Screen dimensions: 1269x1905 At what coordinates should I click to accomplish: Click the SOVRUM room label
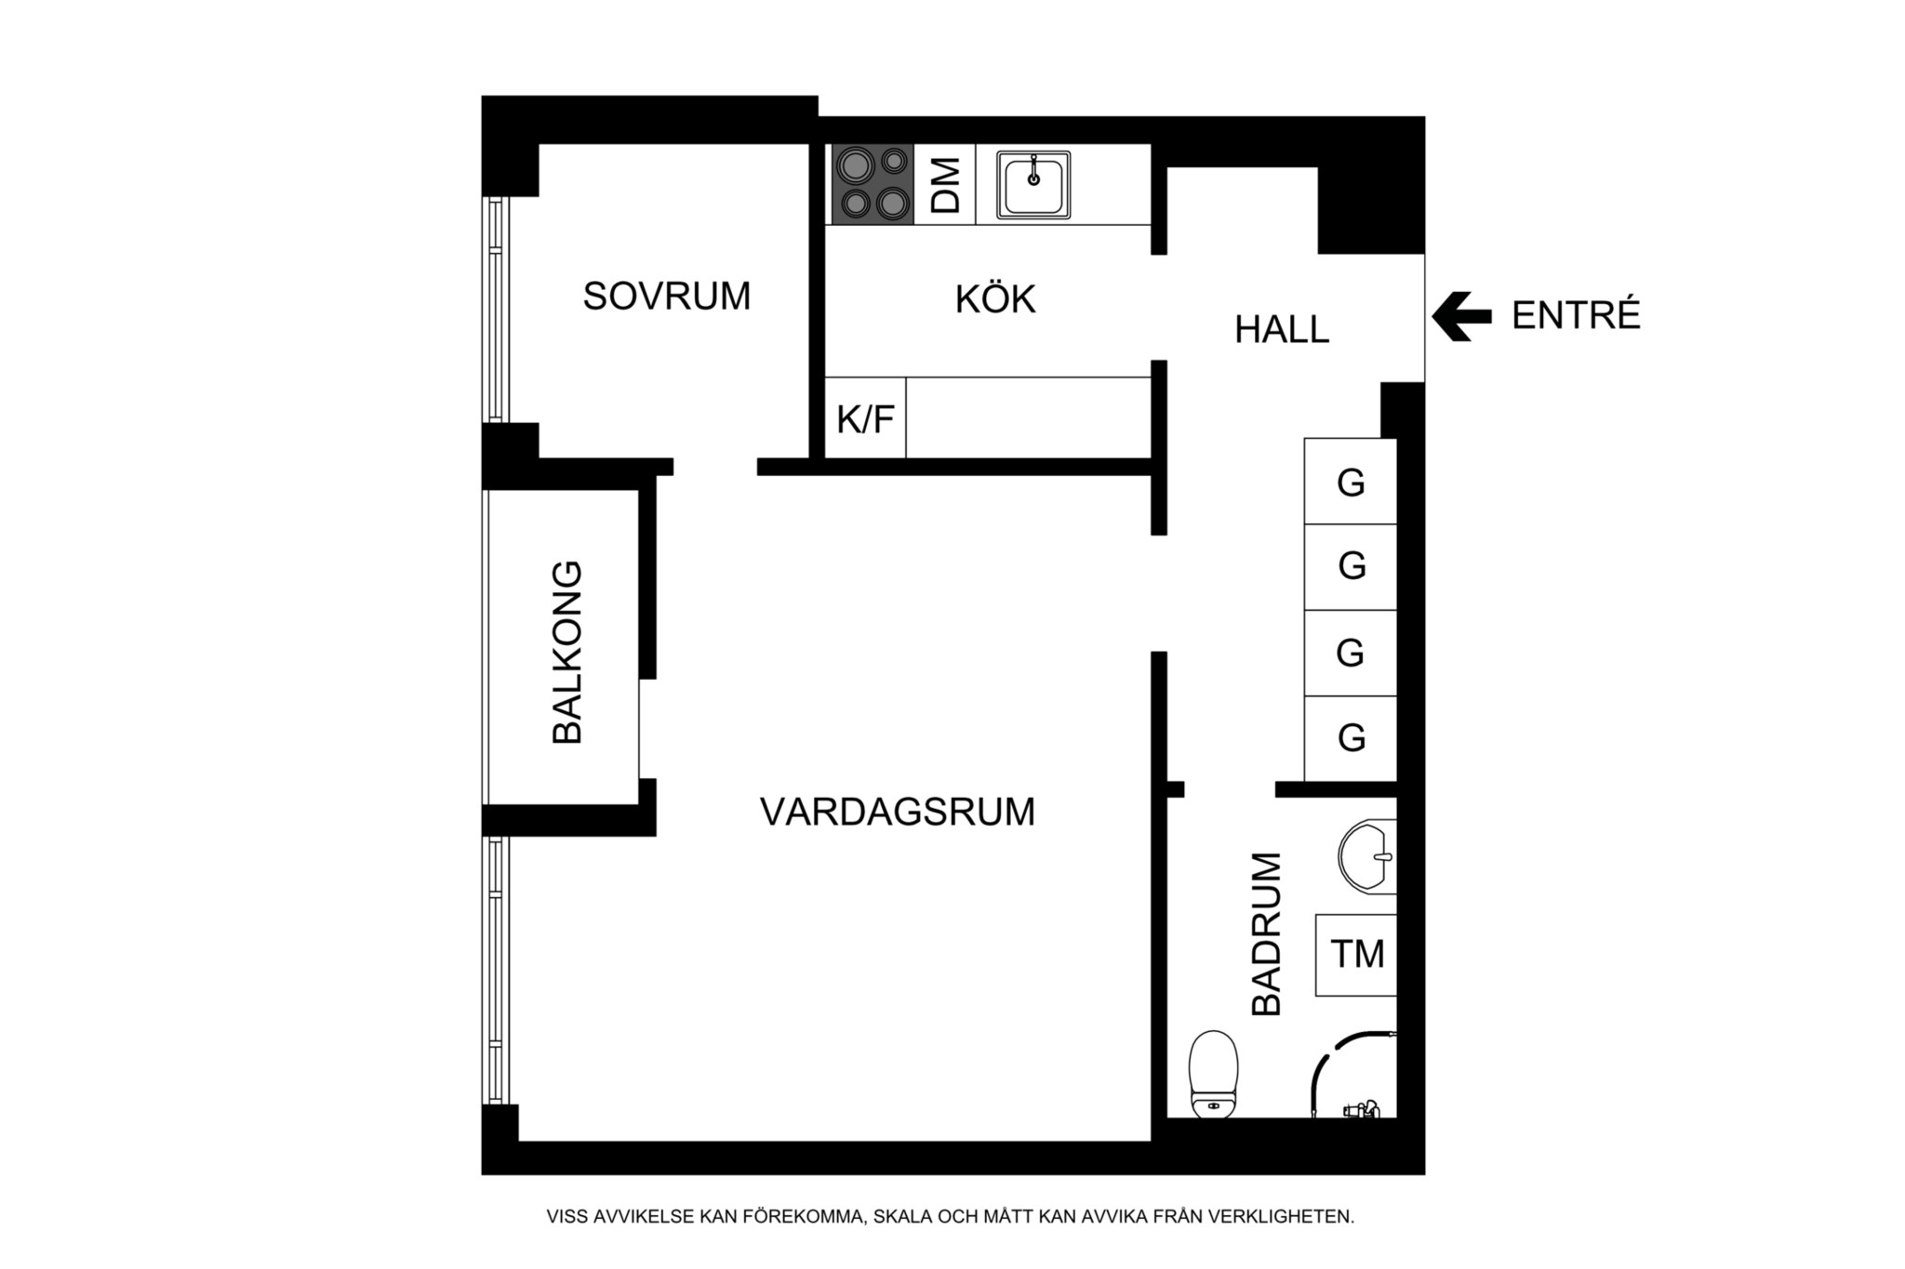coord(666,296)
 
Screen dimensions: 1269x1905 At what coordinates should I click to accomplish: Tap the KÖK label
coord(994,299)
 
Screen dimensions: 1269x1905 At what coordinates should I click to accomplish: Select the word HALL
coord(1281,329)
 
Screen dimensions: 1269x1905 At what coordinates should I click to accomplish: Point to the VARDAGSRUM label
coord(897,812)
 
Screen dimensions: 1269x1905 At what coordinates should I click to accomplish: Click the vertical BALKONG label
coord(566,652)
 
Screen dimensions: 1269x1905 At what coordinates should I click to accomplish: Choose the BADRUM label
coord(1267,933)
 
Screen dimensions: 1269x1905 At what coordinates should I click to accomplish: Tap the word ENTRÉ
coord(1575,316)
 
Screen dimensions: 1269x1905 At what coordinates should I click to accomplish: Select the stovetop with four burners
coord(872,184)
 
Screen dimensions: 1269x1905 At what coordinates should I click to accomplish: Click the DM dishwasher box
coord(944,184)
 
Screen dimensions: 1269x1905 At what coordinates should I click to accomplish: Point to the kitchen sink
coord(1032,185)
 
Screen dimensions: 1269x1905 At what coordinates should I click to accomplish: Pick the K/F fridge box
coord(865,419)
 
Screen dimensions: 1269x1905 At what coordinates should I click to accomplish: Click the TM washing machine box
coord(1356,954)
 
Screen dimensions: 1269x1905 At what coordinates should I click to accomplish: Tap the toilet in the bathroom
coord(1214,1073)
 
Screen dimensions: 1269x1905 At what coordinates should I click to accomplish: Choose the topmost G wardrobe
coord(1351,482)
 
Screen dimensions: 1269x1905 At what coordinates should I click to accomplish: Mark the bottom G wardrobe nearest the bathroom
coord(1351,738)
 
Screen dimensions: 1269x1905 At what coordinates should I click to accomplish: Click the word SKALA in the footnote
coord(905,1216)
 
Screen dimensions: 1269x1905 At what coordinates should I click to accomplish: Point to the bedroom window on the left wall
coord(495,310)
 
